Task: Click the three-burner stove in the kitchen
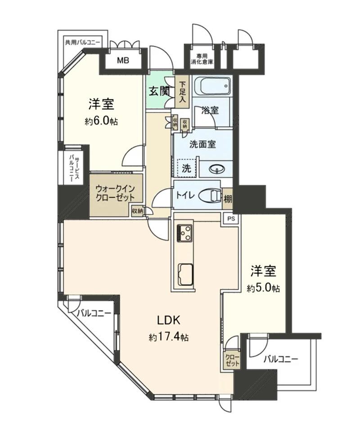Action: (x=183, y=232)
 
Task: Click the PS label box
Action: (x=231, y=219)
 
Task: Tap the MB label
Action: (x=123, y=60)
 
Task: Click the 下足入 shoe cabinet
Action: (x=182, y=92)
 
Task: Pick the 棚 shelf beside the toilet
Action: (x=228, y=199)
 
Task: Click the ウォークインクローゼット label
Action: (x=115, y=193)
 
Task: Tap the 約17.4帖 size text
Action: (x=169, y=337)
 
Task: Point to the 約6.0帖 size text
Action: (x=101, y=121)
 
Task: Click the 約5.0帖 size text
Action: (x=263, y=288)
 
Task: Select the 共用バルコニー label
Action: (x=82, y=43)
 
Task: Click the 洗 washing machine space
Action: (x=186, y=168)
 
